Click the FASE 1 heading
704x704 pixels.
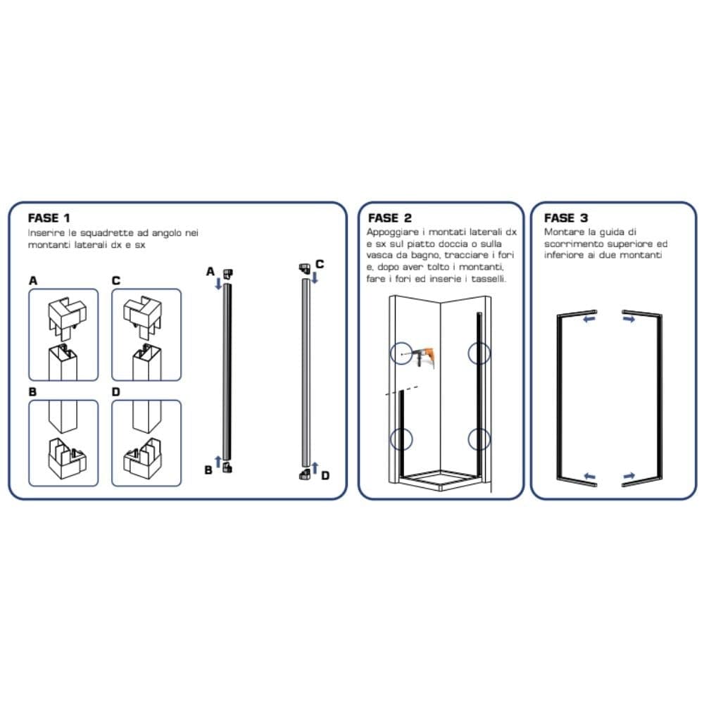coord(49,218)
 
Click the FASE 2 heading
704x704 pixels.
coord(390,218)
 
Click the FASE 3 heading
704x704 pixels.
coord(566,218)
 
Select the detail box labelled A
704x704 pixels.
coord(63,335)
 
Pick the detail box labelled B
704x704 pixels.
coord(63,443)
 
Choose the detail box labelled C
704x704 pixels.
coord(146,335)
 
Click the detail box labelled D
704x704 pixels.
coord(146,443)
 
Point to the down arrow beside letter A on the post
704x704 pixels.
coord(219,283)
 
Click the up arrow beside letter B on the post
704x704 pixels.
coord(218,462)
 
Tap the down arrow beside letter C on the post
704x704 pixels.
coord(315,277)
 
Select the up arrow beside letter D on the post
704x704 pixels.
coord(315,468)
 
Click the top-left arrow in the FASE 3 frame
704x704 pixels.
coord(590,319)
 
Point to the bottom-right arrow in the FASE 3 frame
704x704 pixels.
coord(629,476)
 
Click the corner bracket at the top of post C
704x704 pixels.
coord(305,269)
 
